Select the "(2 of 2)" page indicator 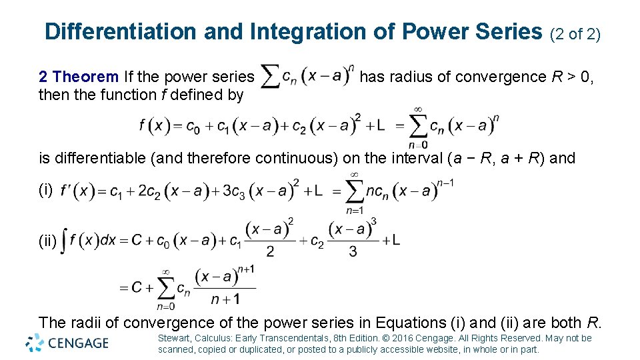[x=574, y=33]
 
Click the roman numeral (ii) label [x=48, y=242]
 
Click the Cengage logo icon [x=35, y=343]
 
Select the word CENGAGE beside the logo [x=78, y=343]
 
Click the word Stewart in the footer [x=174, y=338]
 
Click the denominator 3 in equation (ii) [x=353, y=251]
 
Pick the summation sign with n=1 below [x=355, y=192]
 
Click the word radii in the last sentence [x=86, y=323]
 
